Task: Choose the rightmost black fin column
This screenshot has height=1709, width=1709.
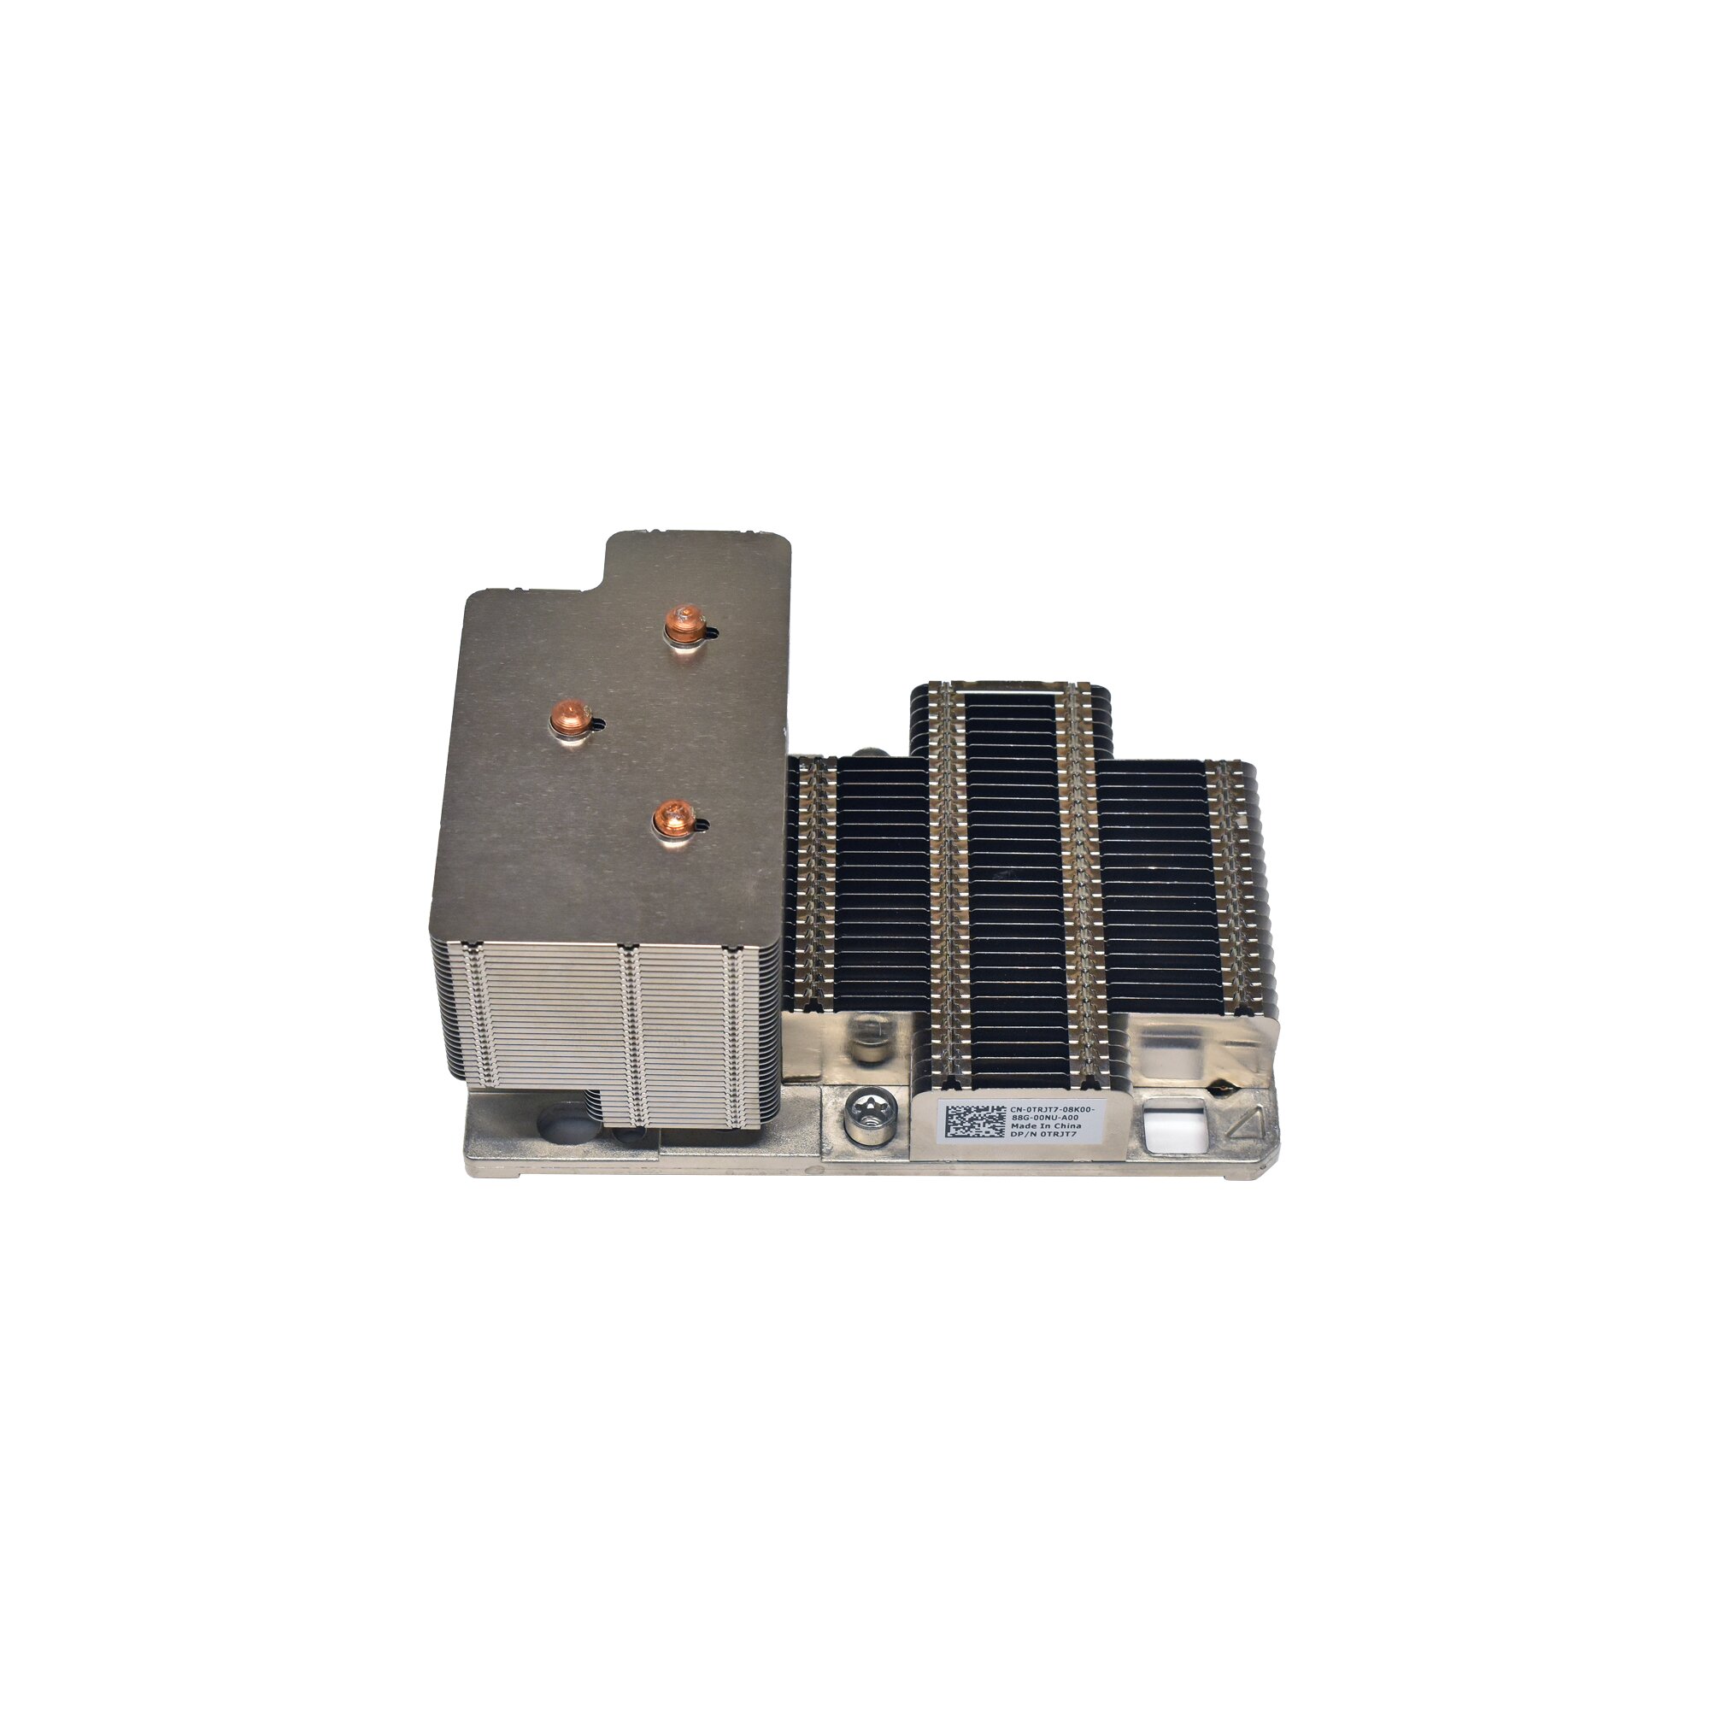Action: [x=1159, y=884]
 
